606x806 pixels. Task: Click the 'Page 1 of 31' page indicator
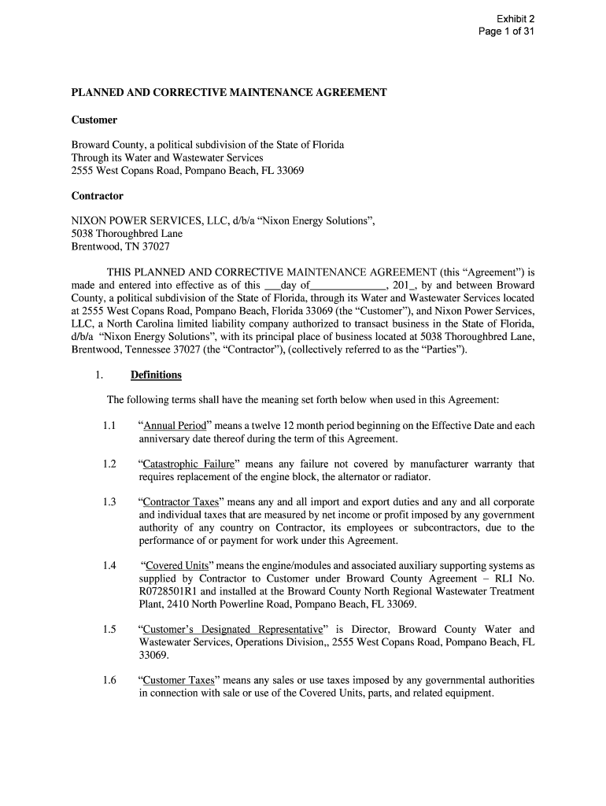(508, 32)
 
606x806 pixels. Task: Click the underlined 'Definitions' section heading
(156, 375)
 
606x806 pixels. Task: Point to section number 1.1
(109, 426)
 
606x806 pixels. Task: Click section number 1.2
(109, 464)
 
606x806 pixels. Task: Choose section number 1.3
(109, 501)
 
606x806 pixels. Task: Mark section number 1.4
(109, 565)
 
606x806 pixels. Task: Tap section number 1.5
(109, 629)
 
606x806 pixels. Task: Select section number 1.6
(109, 680)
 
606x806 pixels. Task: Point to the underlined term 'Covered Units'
(176, 565)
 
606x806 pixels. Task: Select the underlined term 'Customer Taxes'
(176, 680)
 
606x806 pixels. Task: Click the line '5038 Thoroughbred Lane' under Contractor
(127, 234)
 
